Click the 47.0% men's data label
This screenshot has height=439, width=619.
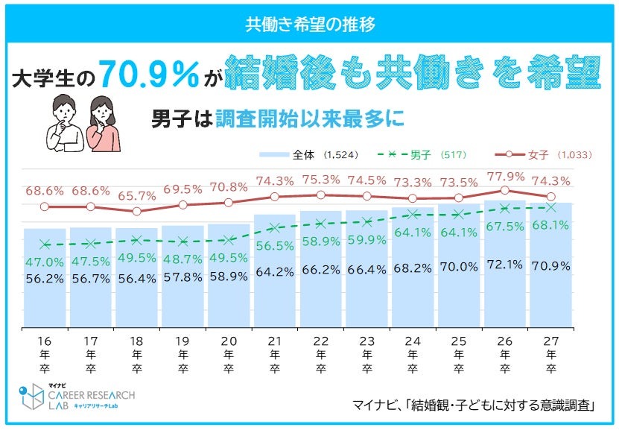[45, 262]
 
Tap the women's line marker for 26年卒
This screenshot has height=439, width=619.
[504, 190]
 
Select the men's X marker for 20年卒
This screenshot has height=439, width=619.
[229, 239]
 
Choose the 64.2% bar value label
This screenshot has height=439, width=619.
[275, 272]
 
